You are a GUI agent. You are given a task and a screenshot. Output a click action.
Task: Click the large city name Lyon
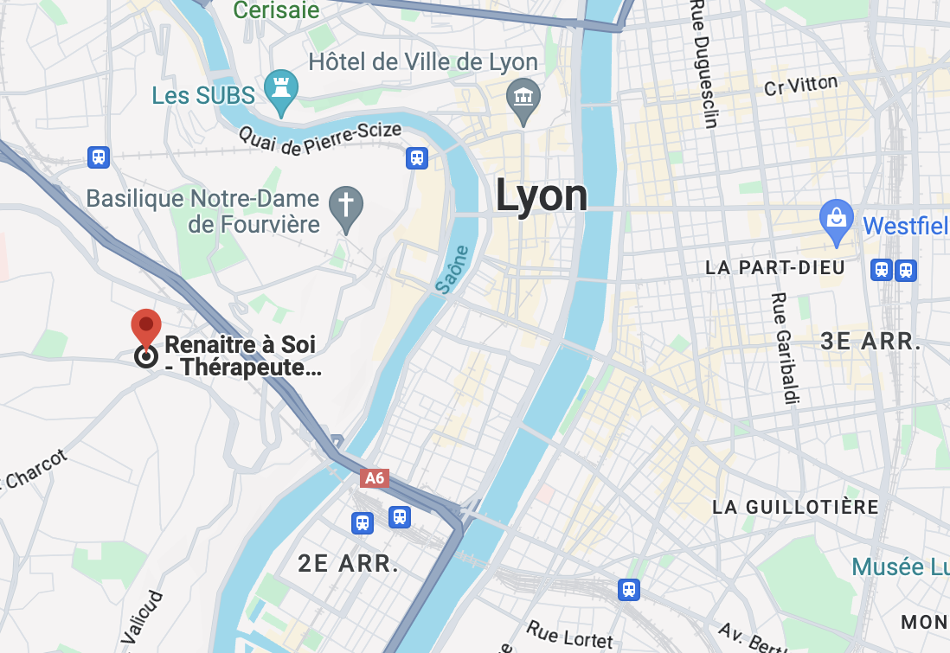pyautogui.click(x=542, y=195)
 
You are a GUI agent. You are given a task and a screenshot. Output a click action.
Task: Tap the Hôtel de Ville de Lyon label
pyautogui.click(x=423, y=62)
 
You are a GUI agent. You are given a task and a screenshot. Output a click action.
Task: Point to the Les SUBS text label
pyautogui.click(x=203, y=94)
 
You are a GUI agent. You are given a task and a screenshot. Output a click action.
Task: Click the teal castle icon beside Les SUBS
pyautogui.click(x=281, y=88)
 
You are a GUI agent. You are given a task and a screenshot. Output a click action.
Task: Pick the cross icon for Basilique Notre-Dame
pyautogui.click(x=346, y=206)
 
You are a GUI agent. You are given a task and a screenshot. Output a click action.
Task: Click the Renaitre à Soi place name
pyautogui.click(x=240, y=345)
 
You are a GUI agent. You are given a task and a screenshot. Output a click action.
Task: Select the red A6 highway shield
pyautogui.click(x=375, y=478)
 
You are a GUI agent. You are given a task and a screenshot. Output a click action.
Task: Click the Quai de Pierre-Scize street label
pyautogui.click(x=320, y=139)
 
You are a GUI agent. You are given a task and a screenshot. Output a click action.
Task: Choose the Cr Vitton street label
pyautogui.click(x=801, y=86)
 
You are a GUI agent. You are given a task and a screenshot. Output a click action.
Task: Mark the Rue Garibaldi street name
pyautogui.click(x=785, y=348)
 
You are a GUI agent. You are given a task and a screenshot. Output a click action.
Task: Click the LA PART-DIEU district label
pyautogui.click(x=774, y=267)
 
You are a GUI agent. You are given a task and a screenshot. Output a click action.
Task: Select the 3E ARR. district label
pyautogui.click(x=870, y=341)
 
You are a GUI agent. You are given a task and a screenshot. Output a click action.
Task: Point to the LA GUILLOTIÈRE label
pyautogui.click(x=795, y=507)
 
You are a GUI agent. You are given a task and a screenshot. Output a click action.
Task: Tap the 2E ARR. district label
pyautogui.click(x=349, y=564)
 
